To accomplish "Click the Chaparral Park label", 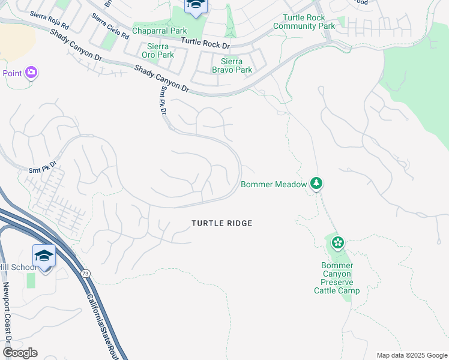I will (x=159, y=31).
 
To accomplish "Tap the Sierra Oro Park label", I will (x=157, y=50).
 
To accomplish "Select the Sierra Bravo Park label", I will (x=232, y=65).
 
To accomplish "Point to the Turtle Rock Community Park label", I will (x=304, y=22).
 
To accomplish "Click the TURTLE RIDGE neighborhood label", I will (x=221, y=223).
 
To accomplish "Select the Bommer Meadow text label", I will (x=274, y=184).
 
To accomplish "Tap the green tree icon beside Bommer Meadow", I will (x=316, y=184).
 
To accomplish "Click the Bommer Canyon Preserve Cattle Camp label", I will (x=337, y=278).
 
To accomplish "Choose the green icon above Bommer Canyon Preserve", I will (x=337, y=242).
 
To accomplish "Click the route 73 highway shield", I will (x=86, y=274).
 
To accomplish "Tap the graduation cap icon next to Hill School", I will (x=44, y=256).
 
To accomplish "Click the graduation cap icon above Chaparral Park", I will (x=195, y=6).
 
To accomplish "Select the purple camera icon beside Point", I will (x=31, y=73).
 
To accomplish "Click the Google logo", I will (x=19, y=353).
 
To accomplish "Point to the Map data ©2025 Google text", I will (x=411, y=355).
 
